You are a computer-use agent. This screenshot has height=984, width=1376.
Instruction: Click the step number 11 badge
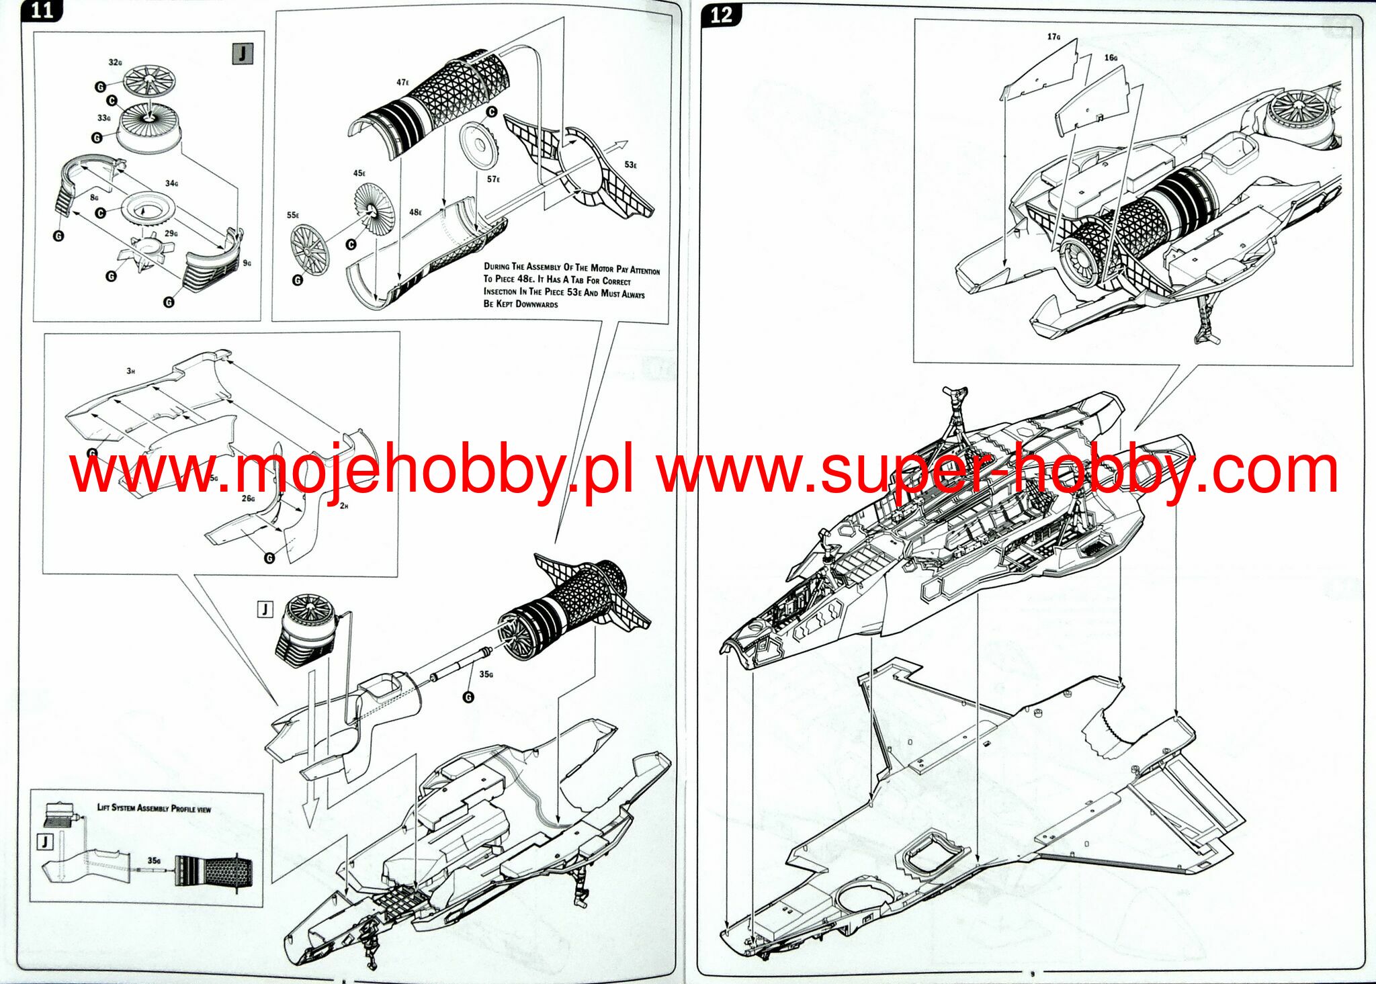[42, 11]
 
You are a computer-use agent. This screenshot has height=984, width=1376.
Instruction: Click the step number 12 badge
[721, 15]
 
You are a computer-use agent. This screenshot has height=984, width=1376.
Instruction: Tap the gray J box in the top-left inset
[242, 54]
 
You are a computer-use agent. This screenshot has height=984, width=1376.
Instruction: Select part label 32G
[115, 62]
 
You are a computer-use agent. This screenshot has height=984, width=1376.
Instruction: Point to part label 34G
[171, 183]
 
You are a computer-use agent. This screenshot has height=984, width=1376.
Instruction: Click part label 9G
[247, 263]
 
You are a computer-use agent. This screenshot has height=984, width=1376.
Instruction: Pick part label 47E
[402, 82]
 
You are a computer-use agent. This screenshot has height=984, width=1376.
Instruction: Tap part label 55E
[293, 215]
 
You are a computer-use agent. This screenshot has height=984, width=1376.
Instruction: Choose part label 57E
[493, 179]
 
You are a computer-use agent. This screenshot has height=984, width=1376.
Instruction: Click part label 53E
[630, 165]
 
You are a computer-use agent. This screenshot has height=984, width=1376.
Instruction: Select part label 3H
[130, 371]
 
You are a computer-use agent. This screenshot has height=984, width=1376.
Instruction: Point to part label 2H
[343, 506]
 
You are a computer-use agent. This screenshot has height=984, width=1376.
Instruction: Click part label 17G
[1053, 37]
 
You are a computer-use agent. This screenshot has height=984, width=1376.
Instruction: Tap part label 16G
[1111, 58]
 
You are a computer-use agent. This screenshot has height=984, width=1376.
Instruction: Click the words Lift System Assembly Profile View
[154, 808]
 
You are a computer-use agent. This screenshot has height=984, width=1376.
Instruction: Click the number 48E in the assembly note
[525, 279]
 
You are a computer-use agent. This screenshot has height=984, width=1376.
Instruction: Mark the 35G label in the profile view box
[154, 860]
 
